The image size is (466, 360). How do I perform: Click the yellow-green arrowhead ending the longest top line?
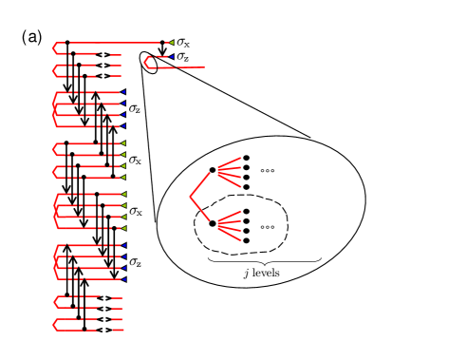tap(171, 42)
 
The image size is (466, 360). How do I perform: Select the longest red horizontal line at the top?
tap(114, 42)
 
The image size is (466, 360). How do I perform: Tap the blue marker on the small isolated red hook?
tap(172, 57)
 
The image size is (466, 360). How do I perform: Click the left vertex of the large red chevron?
tap(190, 197)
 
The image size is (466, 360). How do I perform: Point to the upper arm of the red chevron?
tap(200, 184)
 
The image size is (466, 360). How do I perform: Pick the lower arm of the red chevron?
tap(200, 209)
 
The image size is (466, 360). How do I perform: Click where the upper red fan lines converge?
tap(218, 170)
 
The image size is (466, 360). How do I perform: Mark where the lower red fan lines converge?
tap(218, 225)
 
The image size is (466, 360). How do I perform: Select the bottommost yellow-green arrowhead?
tap(123, 228)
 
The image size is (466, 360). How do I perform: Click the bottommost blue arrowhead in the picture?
tap(124, 279)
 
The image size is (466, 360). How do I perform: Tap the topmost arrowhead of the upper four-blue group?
tap(123, 92)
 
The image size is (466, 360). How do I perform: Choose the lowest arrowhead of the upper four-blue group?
tap(123, 125)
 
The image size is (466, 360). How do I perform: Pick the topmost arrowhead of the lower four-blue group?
tap(124, 245)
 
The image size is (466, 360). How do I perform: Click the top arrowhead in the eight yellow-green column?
tap(123, 143)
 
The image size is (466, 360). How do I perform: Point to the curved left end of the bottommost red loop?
tap(55, 325)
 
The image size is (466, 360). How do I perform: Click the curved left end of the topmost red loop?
tap(55, 47)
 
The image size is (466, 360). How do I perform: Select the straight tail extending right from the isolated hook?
tap(190, 66)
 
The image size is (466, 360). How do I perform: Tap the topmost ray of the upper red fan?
tap(231, 162)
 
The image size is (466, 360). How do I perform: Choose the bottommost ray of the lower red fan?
tap(231, 235)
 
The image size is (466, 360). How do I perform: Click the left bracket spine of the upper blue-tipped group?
tap(54, 108)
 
